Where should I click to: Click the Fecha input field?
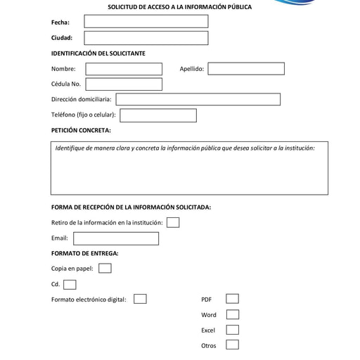[146, 22]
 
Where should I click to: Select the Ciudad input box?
[146, 38]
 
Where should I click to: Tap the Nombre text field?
[124, 69]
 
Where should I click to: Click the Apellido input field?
[246, 69]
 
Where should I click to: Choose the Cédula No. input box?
[124, 84]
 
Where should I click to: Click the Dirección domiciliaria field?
[198, 100]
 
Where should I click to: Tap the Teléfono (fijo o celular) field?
[158, 115]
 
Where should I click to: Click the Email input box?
[116, 238]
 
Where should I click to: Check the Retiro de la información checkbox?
[173, 223]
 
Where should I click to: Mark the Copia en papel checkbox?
[105, 269]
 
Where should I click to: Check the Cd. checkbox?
[70, 285]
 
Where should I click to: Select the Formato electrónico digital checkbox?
[140, 300]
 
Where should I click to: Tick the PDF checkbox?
[232, 300]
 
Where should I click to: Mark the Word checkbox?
[232, 315]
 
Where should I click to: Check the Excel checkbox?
[232, 330]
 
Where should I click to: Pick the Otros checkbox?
[232, 345]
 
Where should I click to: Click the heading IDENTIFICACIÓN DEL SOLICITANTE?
[98, 53]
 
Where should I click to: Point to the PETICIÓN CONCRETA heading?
[81, 130]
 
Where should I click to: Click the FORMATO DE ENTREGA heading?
[84, 253]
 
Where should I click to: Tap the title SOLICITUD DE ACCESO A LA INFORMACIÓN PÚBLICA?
[179, 7]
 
